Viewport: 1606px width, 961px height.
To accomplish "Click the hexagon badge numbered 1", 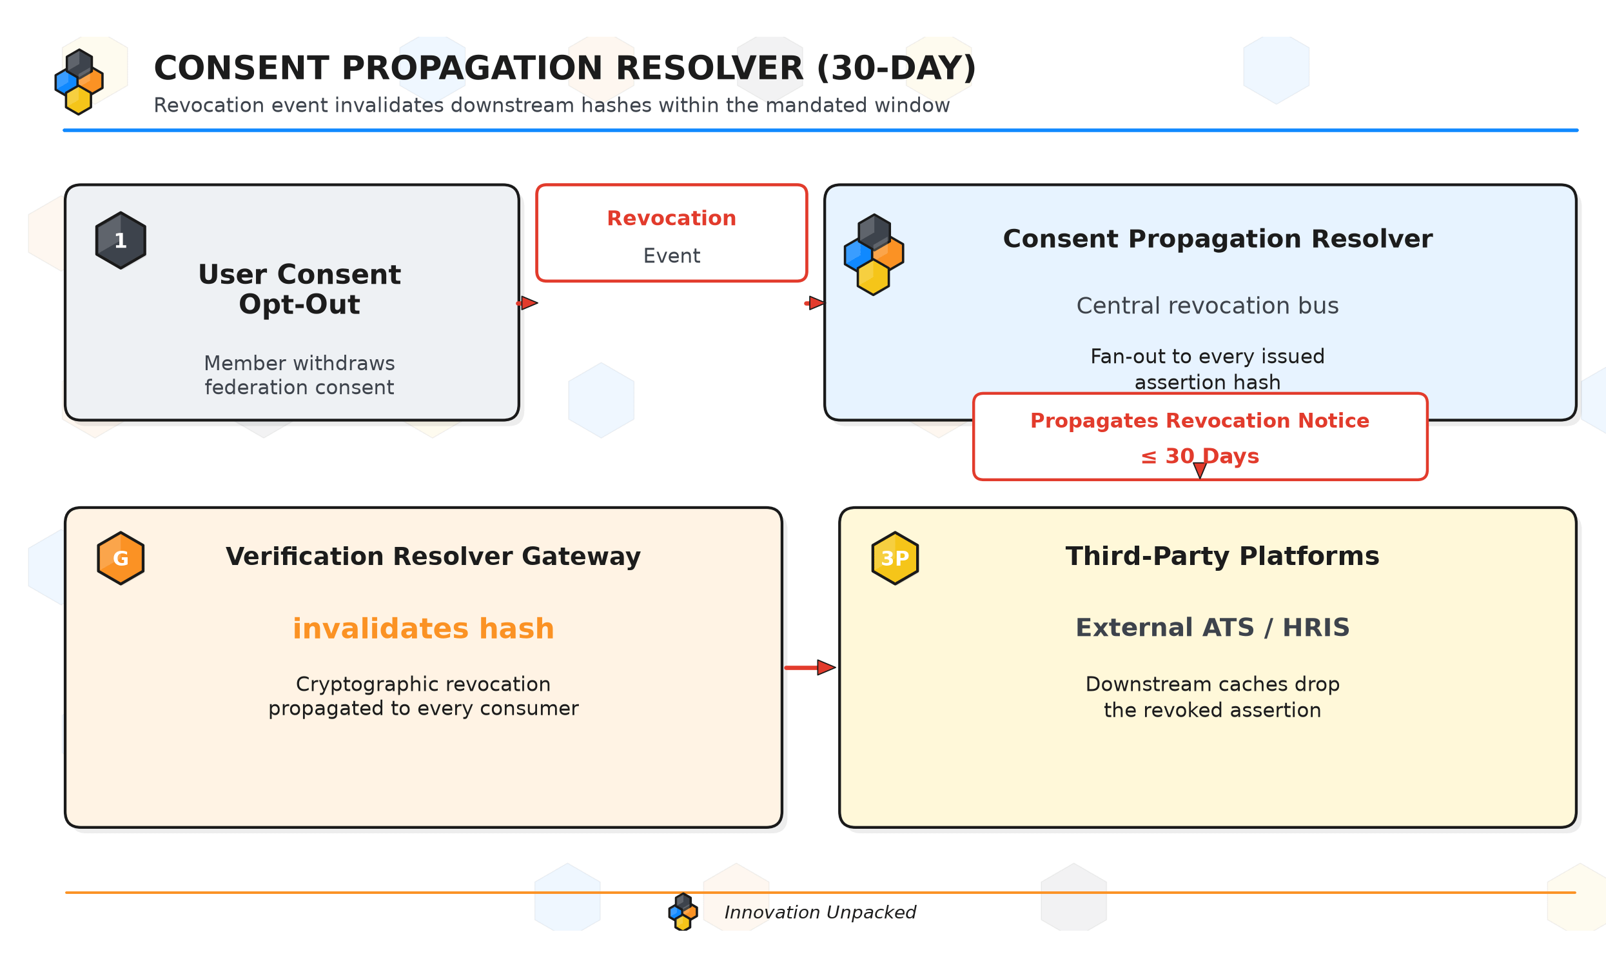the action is tap(121, 240).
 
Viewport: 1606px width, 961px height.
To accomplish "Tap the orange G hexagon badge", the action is tap(121, 558).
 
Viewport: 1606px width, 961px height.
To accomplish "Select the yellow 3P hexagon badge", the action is tap(895, 558).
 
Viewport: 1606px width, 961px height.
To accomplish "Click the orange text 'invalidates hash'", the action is tap(424, 629).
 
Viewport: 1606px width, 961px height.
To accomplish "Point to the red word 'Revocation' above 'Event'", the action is tap(671, 218).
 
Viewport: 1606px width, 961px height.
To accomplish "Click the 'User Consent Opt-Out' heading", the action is tap(299, 290).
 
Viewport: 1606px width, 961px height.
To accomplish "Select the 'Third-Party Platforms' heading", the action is tap(1222, 556).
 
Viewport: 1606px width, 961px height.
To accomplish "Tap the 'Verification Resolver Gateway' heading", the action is tap(433, 556).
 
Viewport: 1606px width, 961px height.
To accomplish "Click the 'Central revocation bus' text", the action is tap(1208, 306).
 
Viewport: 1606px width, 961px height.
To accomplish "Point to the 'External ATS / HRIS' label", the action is tap(1213, 628).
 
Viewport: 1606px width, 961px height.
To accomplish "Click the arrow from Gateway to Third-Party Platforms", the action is tap(810, 668).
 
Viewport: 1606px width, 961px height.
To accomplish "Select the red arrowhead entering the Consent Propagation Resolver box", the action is tap(816, 303).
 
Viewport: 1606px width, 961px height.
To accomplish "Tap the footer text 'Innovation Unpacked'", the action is tap(819, 913).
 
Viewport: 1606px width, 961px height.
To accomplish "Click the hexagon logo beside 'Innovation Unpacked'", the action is tap(683, 912).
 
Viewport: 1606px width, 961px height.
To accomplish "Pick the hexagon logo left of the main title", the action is tap(79, 83).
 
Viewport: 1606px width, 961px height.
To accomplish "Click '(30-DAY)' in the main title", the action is tap(897, 68).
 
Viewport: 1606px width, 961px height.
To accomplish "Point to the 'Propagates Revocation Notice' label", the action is tap(1199, 421).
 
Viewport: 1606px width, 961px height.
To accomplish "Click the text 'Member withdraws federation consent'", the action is tap(299, 375).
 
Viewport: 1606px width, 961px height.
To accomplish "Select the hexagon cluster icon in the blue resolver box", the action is tap(874, 255).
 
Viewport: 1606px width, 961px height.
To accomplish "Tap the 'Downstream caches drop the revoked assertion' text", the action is tap(1213, 697).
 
